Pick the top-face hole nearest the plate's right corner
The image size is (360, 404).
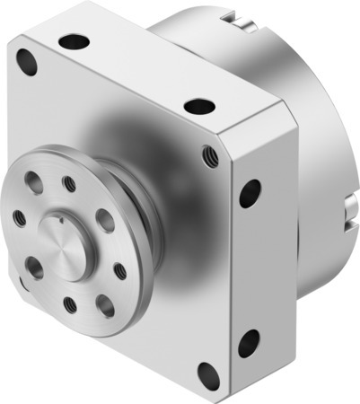pos(199,106)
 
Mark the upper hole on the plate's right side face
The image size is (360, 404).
pos(250,192)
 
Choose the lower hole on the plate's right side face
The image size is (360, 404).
pos(249,343)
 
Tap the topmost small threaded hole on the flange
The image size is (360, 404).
pos(69,184)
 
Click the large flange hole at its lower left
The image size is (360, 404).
pos(35,268)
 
